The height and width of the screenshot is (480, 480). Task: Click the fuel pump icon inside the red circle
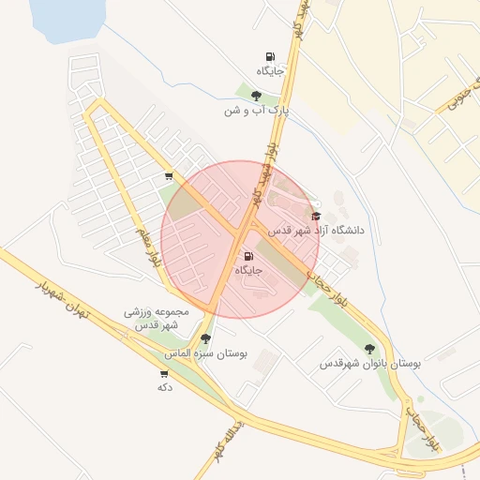pos(248,256)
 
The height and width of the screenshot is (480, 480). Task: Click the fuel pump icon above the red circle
pos(270,57)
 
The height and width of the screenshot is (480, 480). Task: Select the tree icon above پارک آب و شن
pos(256,95)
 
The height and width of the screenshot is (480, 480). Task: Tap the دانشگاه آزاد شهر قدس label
pos(317,230)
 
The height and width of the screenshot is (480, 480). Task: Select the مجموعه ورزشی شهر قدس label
pos(157,318)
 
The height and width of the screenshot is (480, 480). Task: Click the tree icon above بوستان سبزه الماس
pos(204,338)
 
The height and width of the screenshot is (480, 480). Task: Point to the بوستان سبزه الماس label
pos(205,353)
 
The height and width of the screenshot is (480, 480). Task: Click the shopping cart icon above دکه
pos(164,373)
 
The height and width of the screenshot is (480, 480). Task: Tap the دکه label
pos(165,387)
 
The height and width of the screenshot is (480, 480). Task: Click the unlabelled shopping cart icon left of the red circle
pos(168,175)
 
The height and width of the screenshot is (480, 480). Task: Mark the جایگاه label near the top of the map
pos(270,71)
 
